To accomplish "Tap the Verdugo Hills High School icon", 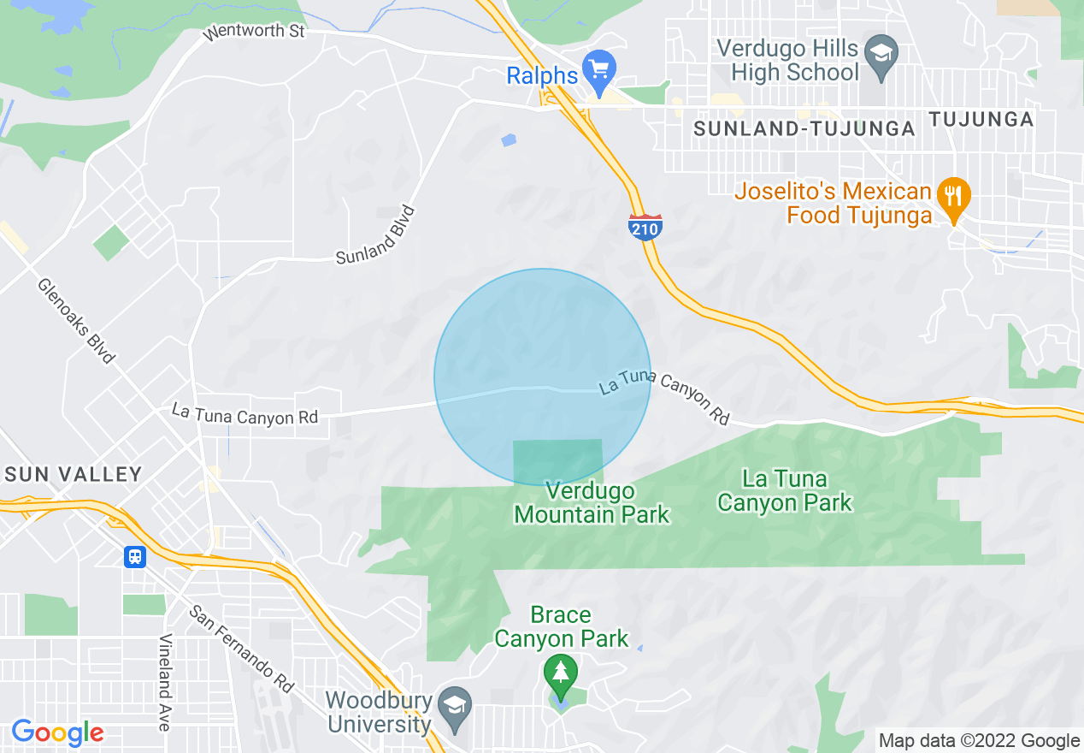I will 880,50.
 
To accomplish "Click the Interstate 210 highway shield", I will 645,227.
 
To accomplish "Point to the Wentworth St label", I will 254,33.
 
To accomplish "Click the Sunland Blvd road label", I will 375,235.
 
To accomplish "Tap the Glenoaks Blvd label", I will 75,320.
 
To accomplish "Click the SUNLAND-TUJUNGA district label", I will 804,129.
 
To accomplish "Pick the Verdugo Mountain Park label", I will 592,503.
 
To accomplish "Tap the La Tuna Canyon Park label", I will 784,490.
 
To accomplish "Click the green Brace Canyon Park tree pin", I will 560,673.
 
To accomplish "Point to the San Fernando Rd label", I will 242,649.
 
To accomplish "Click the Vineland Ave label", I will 164,682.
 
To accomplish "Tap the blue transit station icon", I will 134,557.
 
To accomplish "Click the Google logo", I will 57,732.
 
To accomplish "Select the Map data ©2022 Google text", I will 980,741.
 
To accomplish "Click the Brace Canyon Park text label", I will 561,626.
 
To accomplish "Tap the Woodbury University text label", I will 379,712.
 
